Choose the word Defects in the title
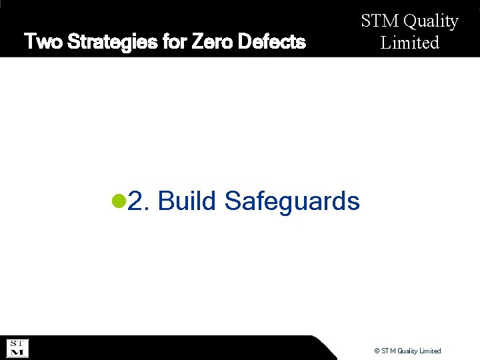point(273,43)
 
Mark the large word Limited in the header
point(409,43)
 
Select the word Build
point(187,200)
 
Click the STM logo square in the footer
point(17,347)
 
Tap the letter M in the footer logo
point(17,352)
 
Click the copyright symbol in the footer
point(377,351)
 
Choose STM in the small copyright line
point(389,351)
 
